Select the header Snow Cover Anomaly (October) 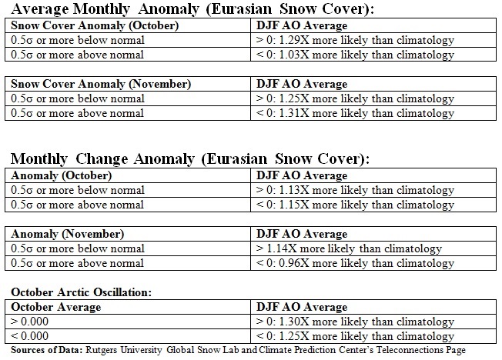[95, 25]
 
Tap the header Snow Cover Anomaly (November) [101, 84]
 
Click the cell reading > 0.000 [29, 322]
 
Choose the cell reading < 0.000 [29, 336]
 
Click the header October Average [56, 307]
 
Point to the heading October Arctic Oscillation [82, 292]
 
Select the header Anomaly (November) [68, 234]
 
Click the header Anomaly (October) [62, 175]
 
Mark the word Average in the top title [40, 9]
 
